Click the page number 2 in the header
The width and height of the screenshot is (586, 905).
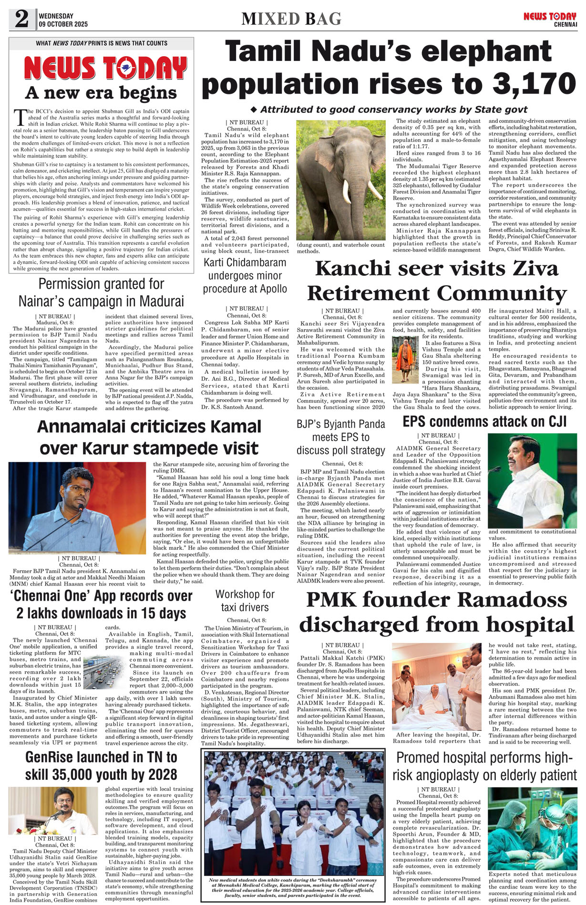(21, 19)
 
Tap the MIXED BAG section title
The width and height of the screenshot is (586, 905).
(291, 19)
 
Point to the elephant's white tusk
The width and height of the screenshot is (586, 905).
(374, 190)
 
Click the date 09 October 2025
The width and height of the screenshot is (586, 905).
(63, 24)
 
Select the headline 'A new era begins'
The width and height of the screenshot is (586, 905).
(101, 92)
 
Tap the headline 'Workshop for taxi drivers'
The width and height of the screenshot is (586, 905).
(245, 601)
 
